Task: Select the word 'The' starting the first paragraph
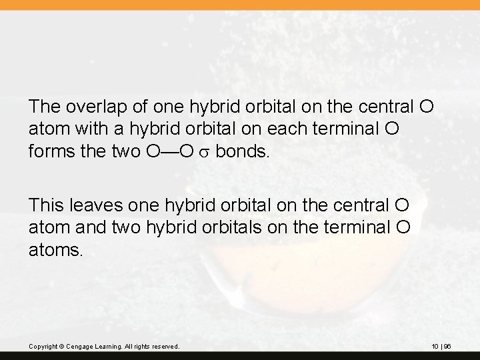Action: tap(43, 106)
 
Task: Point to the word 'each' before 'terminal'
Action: tap(288, 129)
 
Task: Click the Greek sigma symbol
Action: tap(203, 153)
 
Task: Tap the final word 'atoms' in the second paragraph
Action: tap(57, 252)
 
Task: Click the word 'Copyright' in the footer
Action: tap(43, 347)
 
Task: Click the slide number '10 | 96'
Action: tap(441, 347)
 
